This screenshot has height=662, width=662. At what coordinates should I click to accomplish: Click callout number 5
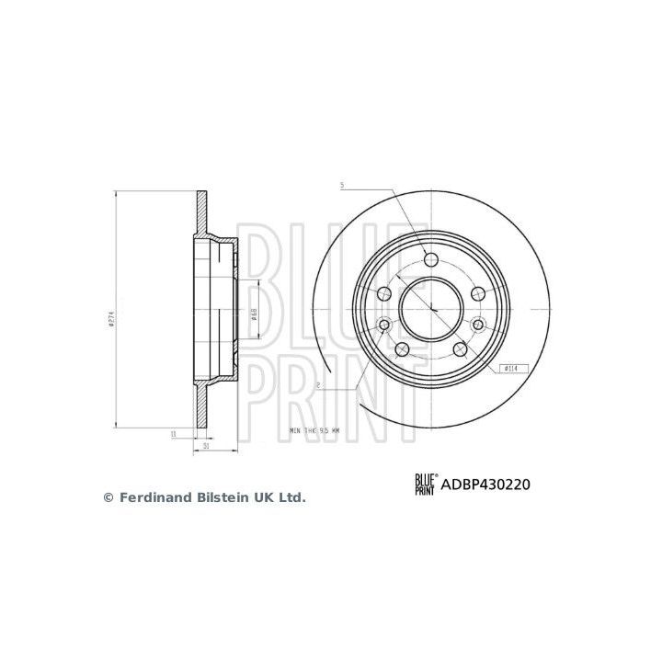point(341,185)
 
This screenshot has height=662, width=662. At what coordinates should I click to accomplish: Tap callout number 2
point(316,386)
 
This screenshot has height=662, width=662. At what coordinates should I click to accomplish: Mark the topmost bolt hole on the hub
point(430,257)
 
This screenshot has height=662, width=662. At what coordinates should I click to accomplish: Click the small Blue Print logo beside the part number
point(426,483)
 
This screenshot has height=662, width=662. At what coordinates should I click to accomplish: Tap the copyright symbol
point(108,496)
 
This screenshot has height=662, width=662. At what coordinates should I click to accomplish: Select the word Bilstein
point(218,496)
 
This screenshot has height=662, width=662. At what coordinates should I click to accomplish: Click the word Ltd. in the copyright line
point(291,496)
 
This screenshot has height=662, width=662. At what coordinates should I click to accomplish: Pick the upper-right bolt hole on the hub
point(476,292)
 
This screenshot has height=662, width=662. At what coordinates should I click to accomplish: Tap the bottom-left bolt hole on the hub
point(402,350)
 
